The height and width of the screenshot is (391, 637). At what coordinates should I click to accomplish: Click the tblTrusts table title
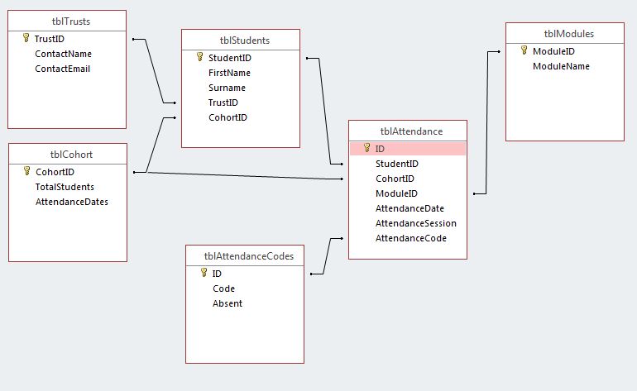pos(71,21)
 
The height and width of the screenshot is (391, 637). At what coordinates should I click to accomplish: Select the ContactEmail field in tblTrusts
pos(63,69)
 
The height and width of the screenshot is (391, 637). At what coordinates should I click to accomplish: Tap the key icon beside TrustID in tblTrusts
pos(26,38)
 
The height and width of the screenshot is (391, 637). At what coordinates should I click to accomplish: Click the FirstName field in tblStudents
pos(229,73)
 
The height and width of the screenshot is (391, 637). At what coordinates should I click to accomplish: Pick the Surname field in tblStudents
pos(227,88)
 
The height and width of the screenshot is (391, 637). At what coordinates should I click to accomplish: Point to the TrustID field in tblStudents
pos(223,103)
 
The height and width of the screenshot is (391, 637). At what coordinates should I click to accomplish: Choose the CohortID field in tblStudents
pos(227,117)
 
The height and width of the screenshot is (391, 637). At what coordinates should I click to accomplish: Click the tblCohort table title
pos(71,155)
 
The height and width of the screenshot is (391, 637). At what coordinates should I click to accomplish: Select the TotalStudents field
pos(65,187)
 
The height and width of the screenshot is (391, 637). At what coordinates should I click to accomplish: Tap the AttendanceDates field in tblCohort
pos(72,202)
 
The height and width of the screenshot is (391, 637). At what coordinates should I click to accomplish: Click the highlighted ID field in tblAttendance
pos(380,149)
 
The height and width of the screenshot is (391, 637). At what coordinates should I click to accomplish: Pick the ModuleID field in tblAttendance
pos(396,193)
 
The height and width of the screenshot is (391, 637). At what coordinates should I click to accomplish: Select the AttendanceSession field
pos(416,223)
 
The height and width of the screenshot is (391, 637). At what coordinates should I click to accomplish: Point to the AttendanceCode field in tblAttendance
pos(411,238)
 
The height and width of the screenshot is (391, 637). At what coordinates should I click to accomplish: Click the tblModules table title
pos(569,34)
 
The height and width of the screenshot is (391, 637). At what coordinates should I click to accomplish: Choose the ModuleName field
pos(561,66)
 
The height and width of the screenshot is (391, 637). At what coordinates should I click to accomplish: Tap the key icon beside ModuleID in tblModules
pos(524,50)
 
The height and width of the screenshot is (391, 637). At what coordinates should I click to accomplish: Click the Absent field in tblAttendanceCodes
pos(227,303)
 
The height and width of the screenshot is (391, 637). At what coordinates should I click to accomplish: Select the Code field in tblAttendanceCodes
pos(224,288)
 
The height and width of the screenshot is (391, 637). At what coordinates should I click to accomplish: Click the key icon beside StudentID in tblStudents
pos(200,57)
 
